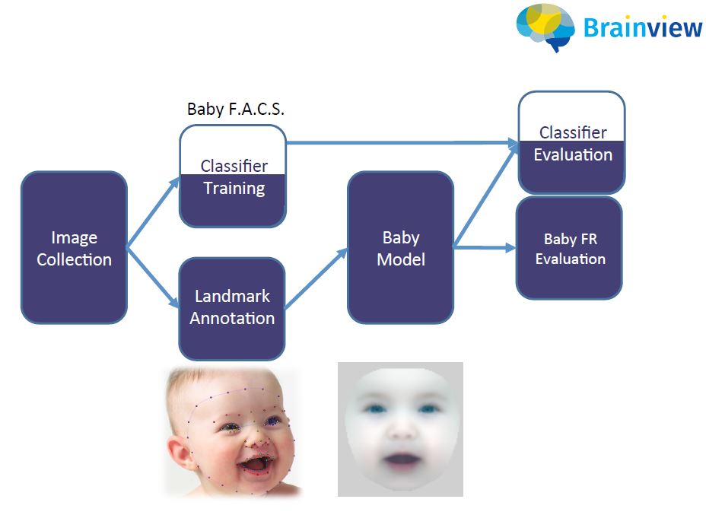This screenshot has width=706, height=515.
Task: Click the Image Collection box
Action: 74,247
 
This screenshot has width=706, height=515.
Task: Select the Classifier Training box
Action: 233,176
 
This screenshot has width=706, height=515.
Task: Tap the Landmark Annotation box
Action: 232,307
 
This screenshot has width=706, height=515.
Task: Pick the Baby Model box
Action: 400,247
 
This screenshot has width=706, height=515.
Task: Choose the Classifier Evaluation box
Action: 572,142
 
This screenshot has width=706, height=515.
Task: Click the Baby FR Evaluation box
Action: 569,248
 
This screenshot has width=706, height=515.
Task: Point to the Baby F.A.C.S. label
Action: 235,109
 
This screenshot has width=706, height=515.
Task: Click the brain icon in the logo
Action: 545,27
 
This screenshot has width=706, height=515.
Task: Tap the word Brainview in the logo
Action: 643,28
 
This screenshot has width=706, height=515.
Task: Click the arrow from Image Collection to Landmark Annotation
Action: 152,281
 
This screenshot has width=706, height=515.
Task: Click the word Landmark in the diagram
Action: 232,297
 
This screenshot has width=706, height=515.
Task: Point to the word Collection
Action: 74,259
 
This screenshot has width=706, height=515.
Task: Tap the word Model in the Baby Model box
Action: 400,259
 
